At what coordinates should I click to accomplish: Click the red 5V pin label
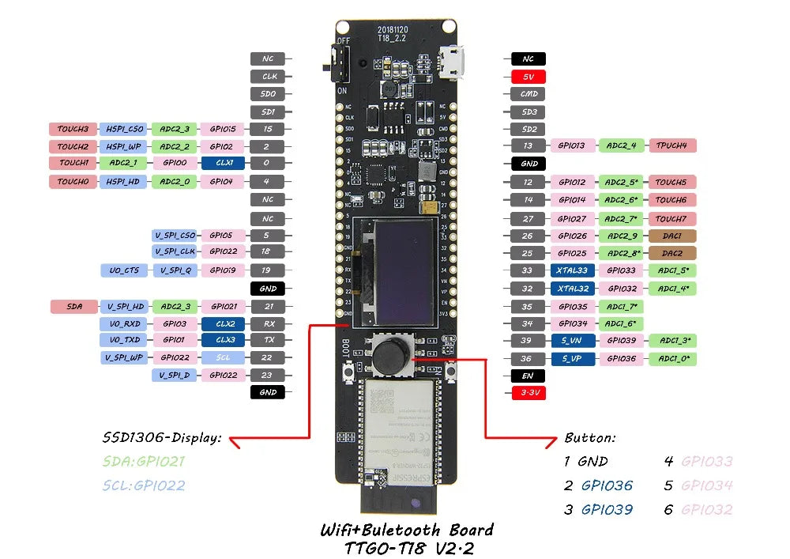coord(528,77)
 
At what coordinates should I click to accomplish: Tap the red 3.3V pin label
coord(528,392)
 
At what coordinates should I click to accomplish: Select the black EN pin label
coord(528,376)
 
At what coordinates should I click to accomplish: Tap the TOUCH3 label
coord(73,128)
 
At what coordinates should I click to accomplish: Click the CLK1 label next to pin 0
coord(224,163)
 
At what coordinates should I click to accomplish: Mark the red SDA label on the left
coord(73,306)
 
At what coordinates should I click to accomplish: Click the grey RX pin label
coord(267,323)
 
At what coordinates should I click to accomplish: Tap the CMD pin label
coord(528,94)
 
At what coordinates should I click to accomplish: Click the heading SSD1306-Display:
coord(161,437)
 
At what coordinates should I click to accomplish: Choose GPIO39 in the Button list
coord(607,510)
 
